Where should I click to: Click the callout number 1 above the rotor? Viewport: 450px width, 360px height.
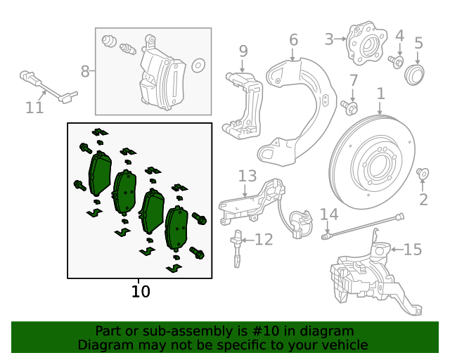[x=380, y=94]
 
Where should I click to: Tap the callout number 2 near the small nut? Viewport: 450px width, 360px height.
[x=423, y=200]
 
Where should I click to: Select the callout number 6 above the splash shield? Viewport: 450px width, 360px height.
[x=293, y=40]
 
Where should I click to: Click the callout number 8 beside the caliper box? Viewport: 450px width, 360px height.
[x=85, y=71]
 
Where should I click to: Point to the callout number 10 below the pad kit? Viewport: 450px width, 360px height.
[x=141, y=291]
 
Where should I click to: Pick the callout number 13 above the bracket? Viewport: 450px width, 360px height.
[x=247, y=176]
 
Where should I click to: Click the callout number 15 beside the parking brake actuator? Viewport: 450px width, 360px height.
[x=413, y=249]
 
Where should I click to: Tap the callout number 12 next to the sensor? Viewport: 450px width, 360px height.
[x=263, y=240]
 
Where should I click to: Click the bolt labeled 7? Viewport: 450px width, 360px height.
[x=349, y=108]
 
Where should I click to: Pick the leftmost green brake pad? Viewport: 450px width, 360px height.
[x=98, y=175]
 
